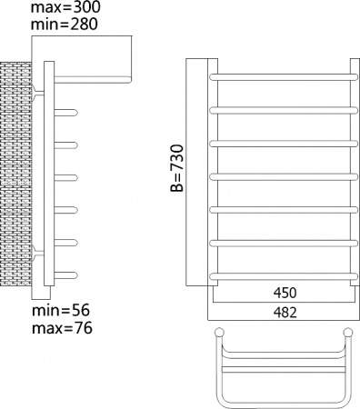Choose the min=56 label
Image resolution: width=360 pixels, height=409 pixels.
pos(58,311)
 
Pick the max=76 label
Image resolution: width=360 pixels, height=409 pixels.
pos(60,326)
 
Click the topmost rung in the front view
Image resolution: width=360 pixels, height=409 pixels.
pos(281,77)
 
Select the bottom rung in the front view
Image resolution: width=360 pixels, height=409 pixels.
pos(281,275)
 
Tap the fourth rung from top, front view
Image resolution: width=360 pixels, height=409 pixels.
pos(281,176)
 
